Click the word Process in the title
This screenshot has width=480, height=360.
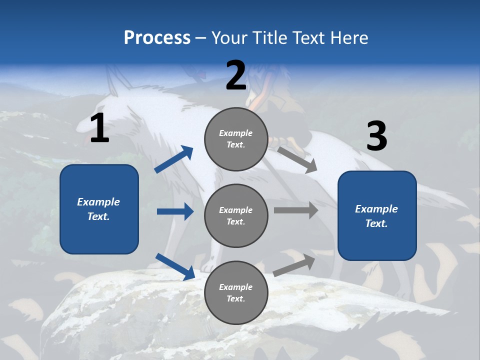(x=157, y=38)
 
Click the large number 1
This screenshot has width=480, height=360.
(x=99, y=128)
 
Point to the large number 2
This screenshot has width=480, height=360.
(x=236, y=76)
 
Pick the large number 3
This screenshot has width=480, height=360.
(x=376, y=136)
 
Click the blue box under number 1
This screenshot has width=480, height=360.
(x=99, y=209)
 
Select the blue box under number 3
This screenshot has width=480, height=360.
(x=377, y=216)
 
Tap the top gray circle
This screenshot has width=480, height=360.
(x=236, y=139)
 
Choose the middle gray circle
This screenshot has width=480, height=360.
(x=236, y=216)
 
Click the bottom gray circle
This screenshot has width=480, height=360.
(x=236, y=292)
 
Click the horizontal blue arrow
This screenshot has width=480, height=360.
(x=175, y=211)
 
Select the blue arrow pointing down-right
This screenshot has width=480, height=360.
(x=175, y=266)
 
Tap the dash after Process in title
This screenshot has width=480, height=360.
(x=201, y=38)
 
